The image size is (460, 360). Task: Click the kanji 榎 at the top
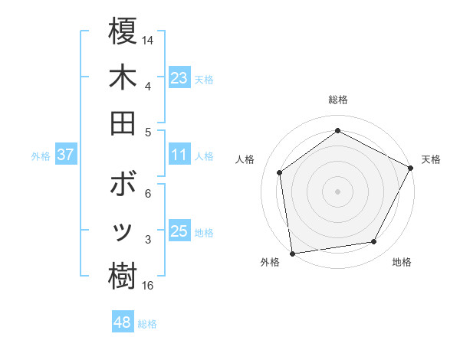[123, 32]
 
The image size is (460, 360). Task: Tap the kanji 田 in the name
[123, 122]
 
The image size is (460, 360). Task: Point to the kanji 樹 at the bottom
[123, 277]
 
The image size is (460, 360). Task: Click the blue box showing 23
[179, 78]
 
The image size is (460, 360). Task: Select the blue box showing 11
[179, 155]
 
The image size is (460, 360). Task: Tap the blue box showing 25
[179, 231]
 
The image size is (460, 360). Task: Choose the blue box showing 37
[66, 155]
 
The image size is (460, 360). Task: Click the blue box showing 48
[123, 322]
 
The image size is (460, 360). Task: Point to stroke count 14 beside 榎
[148, 40]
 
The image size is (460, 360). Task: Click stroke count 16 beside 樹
[148, 286]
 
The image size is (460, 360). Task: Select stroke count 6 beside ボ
[147, 195]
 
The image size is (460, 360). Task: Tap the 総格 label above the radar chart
[338, 100]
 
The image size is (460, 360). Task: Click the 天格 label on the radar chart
[431, 159]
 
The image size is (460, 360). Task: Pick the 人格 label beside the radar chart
[245, 159]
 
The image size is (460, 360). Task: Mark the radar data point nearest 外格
[291, 253]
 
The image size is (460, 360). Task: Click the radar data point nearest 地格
[374, 242]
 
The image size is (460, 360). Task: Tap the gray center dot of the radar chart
[338, 191]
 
